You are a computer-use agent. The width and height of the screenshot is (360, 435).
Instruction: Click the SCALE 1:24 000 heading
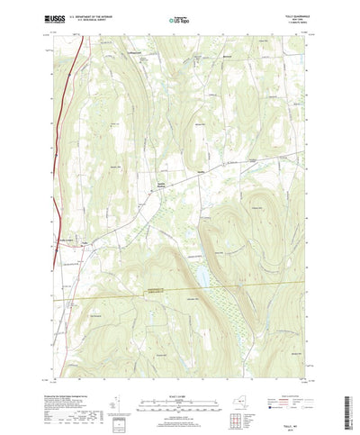coord(179,380)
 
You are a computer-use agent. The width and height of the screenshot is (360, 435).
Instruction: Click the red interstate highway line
coord(63,135)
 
